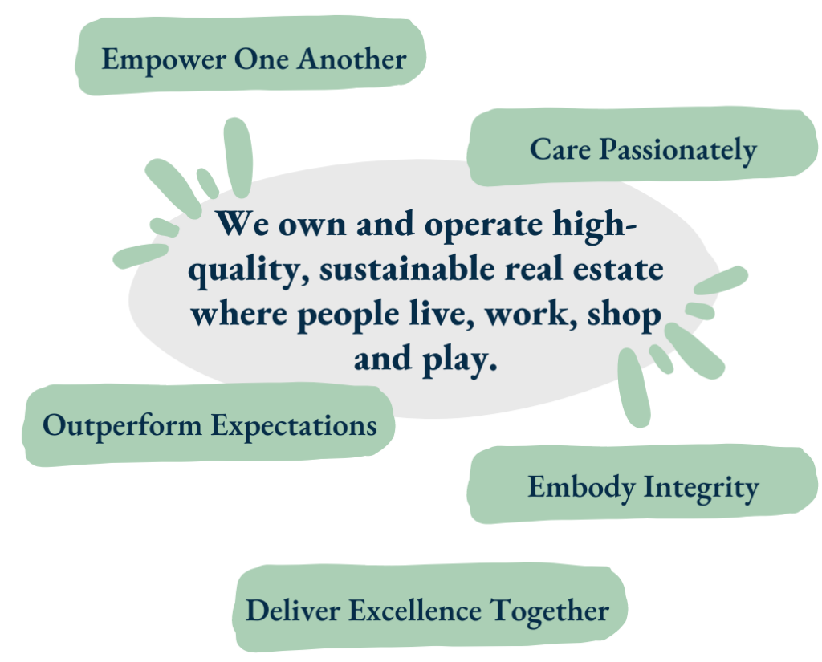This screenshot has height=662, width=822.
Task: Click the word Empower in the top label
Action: [x=164, y=59]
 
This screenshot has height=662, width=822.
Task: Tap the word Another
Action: [x=352, y=59]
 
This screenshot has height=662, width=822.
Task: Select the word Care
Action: [x=560, y=149]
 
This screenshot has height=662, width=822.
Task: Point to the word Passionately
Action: [x=678, y=151]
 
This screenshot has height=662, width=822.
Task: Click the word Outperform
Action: [x=122, y=426]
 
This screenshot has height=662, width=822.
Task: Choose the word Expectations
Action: [x=294, y=426]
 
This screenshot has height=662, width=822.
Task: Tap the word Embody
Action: [x=581, y=488]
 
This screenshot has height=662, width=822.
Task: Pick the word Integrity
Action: [x=702, y=488]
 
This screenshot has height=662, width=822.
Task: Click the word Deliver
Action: [x=292, y=611]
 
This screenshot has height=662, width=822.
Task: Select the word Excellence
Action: [x=415, y=611]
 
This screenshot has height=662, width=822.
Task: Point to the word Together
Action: [x=549, y=611]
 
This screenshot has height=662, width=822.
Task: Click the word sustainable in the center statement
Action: [x=407, y=269]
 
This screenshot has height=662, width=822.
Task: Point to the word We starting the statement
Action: [x=242, y=224]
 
